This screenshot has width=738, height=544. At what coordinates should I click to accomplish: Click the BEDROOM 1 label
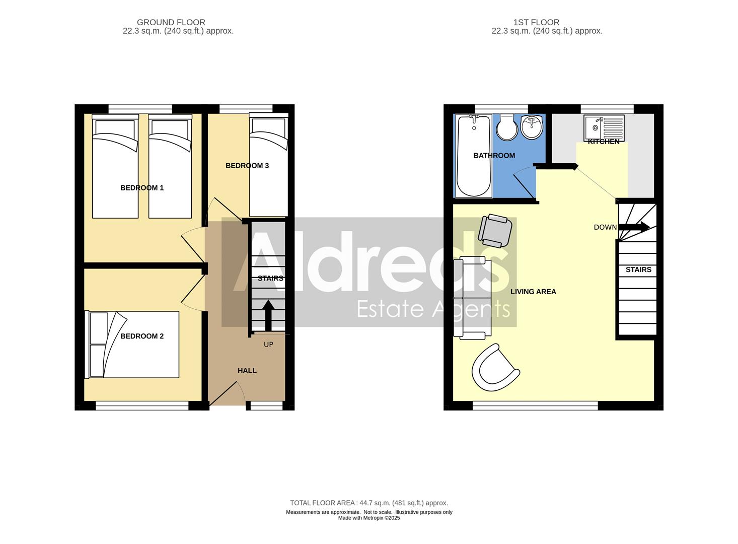click(x=142, y=188)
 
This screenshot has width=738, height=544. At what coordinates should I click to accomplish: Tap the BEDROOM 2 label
click(x=142, y=336)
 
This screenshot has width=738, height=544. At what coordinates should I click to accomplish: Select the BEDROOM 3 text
click(x=247, y=166)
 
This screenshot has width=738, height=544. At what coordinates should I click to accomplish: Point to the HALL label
click(x=247, y=371)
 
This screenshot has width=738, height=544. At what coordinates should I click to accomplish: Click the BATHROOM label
click(x=494, y=156)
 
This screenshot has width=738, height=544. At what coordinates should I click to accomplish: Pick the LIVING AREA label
click(x=533, y=292)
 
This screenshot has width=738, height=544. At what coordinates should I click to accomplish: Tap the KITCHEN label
click(x=604, y=142)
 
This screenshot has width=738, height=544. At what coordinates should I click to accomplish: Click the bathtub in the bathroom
click(x=473, y=156)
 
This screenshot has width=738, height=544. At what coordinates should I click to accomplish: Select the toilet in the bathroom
click(x=507, y=127)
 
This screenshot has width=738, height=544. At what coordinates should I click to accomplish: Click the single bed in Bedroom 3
click(x=269, y=166)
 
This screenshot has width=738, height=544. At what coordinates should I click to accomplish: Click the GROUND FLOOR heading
click(x=171, y=22)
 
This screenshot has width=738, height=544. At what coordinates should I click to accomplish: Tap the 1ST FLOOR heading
click(x=536, y=22)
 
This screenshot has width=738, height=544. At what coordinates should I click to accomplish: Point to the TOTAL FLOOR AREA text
click(x=368, y=503)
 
